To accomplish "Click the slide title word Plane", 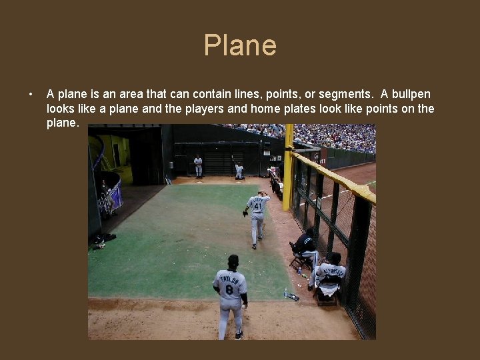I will tap(240, 45).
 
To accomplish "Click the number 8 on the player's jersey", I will tap(229, 290).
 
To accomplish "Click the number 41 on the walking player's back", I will tap(257, 207).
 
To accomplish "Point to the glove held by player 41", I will tap(245, 213).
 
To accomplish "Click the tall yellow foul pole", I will tap(288, 167).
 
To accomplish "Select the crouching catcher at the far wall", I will tap(239, 171).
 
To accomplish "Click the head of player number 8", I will tap(233, 261).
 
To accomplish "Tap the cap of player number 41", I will tap(261, 193).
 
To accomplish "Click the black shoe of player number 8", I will tap(239, 335).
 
